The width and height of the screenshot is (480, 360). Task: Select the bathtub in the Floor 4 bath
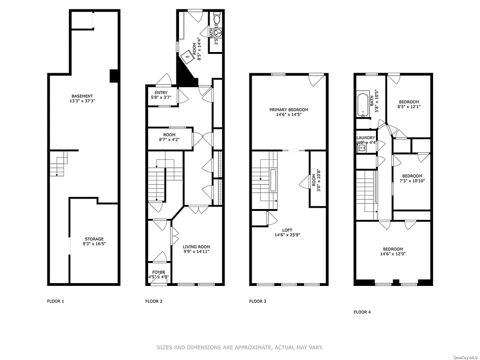[363, 105]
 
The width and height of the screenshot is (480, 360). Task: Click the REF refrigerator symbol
[187, 57]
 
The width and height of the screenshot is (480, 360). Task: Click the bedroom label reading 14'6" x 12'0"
[392, 252]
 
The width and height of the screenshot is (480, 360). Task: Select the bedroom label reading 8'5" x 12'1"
[409, 104]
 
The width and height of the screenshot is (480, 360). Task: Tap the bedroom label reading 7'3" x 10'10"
[412, 178]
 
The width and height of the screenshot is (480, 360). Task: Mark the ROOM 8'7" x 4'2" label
[169, 137]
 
